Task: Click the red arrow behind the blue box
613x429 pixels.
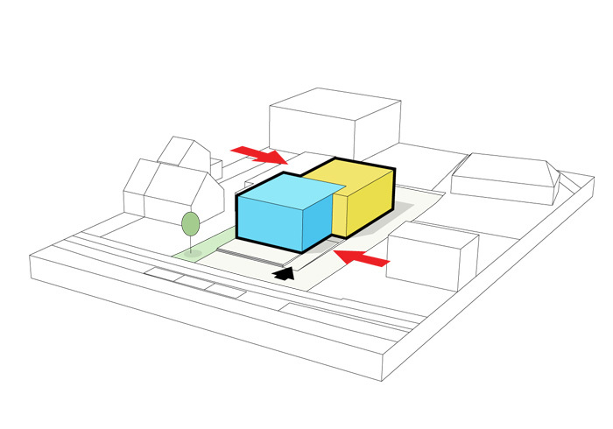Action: tap(258, 155)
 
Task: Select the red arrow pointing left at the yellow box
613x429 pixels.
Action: tap(363, 257)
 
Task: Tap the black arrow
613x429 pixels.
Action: tap(285, 274)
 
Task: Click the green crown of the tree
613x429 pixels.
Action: tap(189, 224)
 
